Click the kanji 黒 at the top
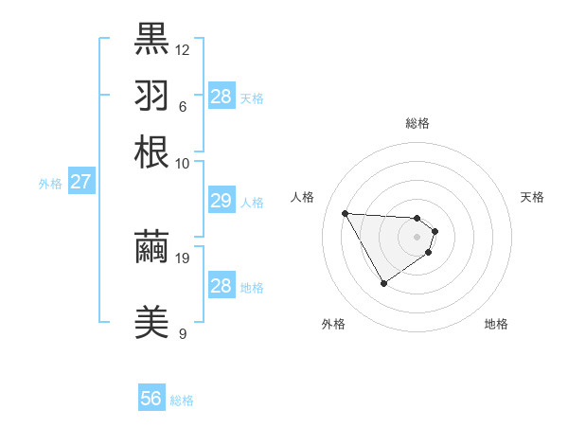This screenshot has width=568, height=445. (x=151, y=38)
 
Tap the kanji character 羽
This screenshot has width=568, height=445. (x=151, y=95)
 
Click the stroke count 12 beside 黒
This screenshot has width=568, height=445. (x=183, y=48)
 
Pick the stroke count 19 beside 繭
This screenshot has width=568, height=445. (x=183, y=258)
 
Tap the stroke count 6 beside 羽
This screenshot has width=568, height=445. (x=182, y=105)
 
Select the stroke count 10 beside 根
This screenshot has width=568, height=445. (x=183, y=163)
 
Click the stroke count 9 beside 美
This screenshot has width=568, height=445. (x=182, y=333)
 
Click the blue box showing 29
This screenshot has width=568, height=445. (x=221, y=200)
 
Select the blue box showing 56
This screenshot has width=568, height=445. (x=151, y=399)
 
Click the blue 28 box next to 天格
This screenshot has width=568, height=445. (x=221, y=96)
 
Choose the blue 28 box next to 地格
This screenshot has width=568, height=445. (x=221, y=286)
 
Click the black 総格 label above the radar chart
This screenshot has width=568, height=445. (x=417, y=123)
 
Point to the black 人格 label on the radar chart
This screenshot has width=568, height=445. (x=303, y=197)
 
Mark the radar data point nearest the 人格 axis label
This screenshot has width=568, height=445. (x=346, y=213)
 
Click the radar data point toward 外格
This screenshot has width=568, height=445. (x=383, y=283)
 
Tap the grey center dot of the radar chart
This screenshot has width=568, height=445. (x=417, y=236)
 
